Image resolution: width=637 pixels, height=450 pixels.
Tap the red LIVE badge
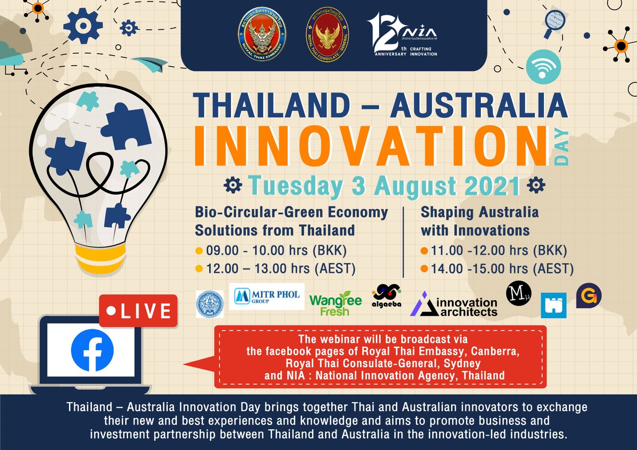(138, 310)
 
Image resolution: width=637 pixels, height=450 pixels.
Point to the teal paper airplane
(150, 65)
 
